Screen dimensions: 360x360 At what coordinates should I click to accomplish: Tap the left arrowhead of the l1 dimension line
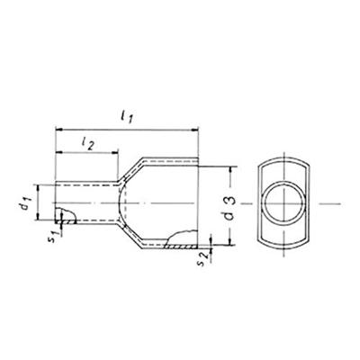[x=59, y=128]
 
